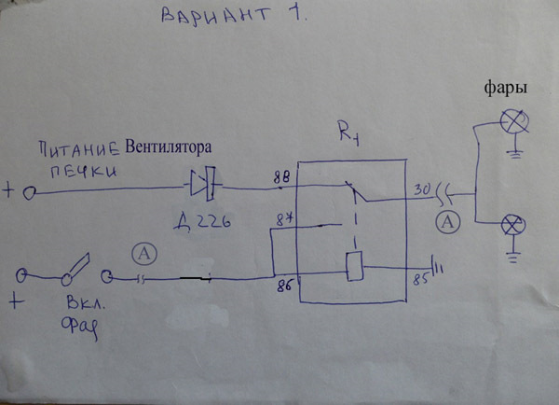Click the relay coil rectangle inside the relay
(x=353, y=267)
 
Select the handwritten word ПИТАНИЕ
(x=80, y=149)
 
